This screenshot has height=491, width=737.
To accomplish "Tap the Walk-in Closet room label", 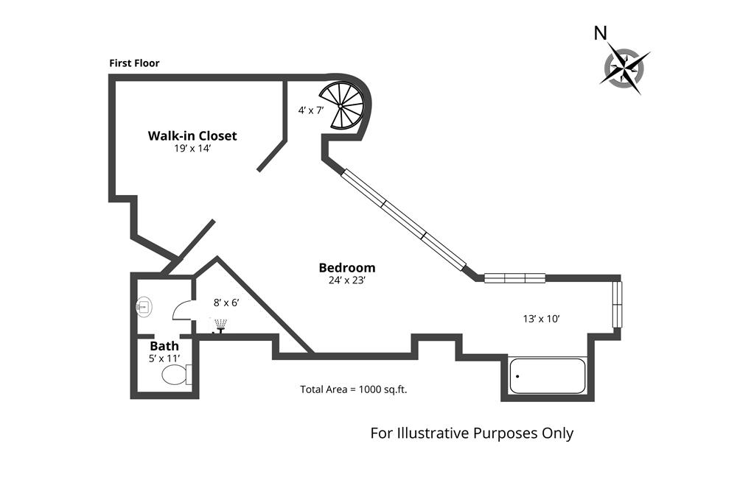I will (192, 135).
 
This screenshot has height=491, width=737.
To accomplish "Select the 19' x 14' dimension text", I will (192, 148).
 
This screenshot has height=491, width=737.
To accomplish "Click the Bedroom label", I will (347, 268).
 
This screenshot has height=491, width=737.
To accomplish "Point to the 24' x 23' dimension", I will (347, 280).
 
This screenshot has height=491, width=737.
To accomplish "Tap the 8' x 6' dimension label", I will (226, 303).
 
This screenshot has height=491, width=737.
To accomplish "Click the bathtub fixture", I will (547, 376).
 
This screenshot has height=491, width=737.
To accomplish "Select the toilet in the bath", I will (175, 376).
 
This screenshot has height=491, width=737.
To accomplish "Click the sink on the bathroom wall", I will (144, 306).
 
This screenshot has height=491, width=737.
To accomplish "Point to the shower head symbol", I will (220, 325).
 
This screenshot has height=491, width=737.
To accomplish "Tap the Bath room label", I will (164, 346).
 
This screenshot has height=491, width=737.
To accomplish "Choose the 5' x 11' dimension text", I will (164, 358).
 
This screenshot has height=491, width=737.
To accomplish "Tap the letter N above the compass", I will (601, 33).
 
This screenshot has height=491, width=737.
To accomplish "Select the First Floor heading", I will (134, 63).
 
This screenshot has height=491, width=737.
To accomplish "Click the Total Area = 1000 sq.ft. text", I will (354, 389).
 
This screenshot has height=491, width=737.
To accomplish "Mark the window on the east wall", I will (618, 305).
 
